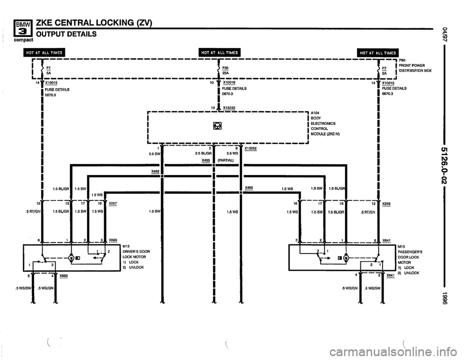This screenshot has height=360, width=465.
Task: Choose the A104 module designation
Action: tap(315, 113)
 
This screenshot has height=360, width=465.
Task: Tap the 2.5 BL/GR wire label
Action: tap(203, 154)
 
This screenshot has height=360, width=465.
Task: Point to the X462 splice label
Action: tap(155, 171)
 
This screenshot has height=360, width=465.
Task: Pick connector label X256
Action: tap(387, 204)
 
